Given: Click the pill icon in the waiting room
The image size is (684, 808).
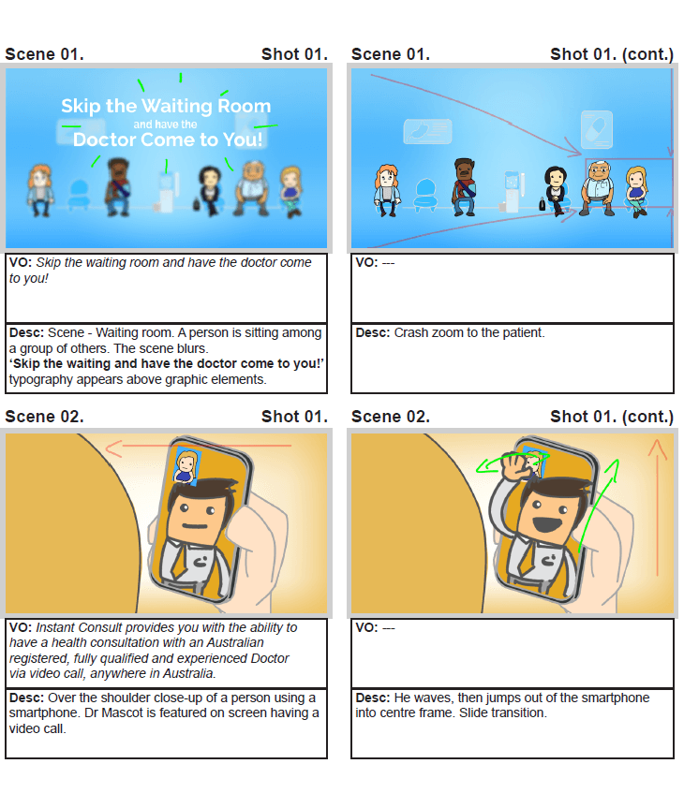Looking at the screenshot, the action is [x=597, y=129].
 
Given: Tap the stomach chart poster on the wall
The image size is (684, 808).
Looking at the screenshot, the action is [x=427, y=131].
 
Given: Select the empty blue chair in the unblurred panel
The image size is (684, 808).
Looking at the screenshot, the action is [x=425, y=195].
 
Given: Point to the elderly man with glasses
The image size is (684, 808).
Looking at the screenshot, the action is [x=598, y=187].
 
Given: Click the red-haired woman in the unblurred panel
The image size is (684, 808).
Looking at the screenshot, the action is [x=387, y=190].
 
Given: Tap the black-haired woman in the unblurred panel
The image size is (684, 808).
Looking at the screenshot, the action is [x=556, y=190].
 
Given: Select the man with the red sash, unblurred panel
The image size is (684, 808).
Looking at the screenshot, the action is [x=464, y=186].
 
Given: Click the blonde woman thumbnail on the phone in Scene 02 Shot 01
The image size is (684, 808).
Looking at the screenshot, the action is [x=186, y=466].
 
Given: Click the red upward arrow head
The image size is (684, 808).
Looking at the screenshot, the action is [x=657, y=448].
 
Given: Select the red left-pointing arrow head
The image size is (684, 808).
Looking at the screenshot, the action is [x=113, y=448].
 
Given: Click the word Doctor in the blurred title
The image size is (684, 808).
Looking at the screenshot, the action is [x=105, y=140].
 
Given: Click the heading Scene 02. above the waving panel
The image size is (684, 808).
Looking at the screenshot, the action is [x=391, y=417].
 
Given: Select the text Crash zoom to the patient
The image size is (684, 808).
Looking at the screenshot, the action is [x=468, y=333].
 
